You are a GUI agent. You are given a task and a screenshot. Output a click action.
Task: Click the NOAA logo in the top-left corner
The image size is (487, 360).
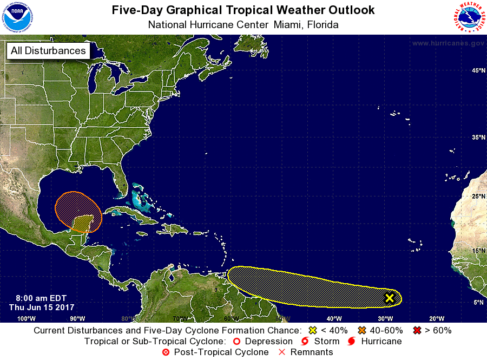(17, 17)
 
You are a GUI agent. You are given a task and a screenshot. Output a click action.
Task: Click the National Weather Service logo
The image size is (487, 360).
(468, 17)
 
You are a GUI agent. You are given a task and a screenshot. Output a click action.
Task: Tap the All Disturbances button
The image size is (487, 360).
(48, 51)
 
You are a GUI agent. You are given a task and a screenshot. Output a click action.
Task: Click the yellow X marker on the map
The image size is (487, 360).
(389, 298)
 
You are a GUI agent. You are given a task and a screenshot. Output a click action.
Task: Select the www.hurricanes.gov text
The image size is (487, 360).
(447, 43)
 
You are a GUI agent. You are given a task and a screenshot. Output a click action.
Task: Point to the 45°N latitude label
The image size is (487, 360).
(477, 71)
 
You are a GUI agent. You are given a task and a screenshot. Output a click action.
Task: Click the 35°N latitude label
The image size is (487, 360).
(477, 138)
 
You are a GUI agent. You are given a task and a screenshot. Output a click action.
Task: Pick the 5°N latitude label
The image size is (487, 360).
(478, 303)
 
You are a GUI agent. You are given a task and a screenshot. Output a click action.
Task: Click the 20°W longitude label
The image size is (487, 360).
(436, 318)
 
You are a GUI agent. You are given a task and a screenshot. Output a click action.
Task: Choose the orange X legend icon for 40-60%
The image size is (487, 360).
(361, 330)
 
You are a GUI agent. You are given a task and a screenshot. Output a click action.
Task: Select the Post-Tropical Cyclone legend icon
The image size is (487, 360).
(166, 352)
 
